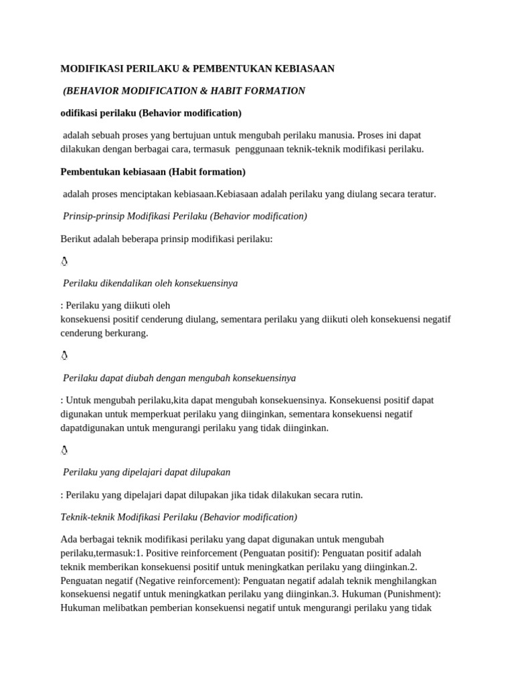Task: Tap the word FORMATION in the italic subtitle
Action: (x=270, y=90)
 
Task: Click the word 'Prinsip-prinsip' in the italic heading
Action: (x=92, y=216)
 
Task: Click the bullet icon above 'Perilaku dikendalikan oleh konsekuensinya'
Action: (x=64, y=261)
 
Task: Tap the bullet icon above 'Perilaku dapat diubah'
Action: (x=64, y=355)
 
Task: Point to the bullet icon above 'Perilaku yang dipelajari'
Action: (x=64, y=450)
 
